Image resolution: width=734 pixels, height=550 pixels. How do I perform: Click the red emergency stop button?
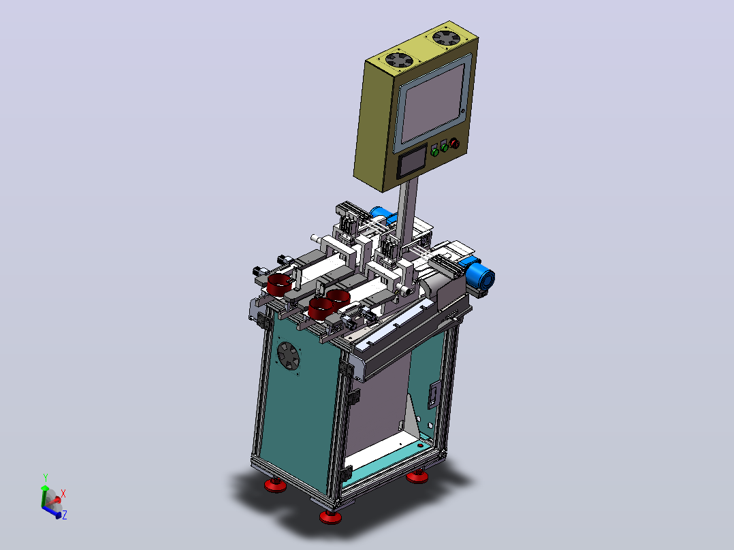(x=454, y=143)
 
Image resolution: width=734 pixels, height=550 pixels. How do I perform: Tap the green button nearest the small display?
(x=434, y=152)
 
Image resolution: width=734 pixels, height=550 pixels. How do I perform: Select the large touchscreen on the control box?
(x=432, y=103)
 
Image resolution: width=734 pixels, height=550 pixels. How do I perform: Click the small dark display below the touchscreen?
(x=412, y=161)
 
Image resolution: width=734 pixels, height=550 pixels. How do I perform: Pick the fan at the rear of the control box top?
(x=446, y=37)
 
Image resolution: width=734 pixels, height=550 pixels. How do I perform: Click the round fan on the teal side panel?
(x=289, y=357)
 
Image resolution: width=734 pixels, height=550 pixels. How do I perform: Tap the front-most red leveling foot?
(x=330, y=516)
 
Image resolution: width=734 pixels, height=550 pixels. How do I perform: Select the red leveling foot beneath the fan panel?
(x=275, y=485)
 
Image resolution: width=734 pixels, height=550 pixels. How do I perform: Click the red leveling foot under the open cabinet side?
(x=417, y=476)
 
